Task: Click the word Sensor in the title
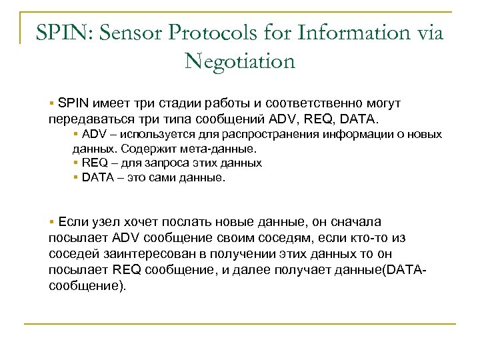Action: [132, 32]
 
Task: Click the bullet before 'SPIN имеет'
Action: [51, 104]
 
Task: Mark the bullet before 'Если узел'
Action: [51, 222]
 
